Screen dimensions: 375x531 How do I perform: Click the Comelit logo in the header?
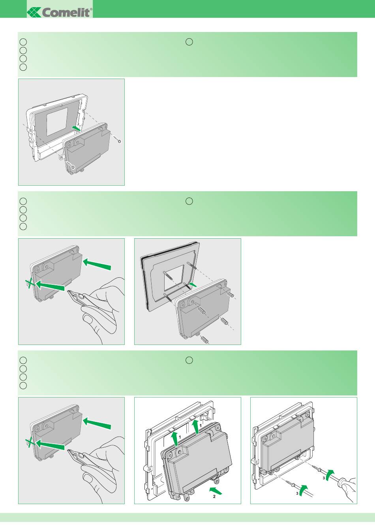[x=60, y=12]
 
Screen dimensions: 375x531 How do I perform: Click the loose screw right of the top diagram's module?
[x=117, y=139]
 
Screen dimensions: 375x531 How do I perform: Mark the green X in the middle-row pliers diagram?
[x=29, y=283]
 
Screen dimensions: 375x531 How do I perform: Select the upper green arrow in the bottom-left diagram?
[x=97, y=424]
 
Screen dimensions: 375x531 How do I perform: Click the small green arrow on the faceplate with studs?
[x=193, y=284]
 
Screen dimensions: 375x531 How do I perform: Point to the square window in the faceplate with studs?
[x=174, y=278]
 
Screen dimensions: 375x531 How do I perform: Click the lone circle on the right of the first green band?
[x=189, y=42]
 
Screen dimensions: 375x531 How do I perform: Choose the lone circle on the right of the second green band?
[x=189, y=201]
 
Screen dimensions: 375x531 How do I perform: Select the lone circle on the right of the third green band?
[x=189, y=360]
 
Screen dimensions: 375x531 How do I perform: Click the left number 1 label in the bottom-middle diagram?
[x=180, y=437]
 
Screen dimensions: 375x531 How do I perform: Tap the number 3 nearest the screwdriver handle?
[x=324, y=478]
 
